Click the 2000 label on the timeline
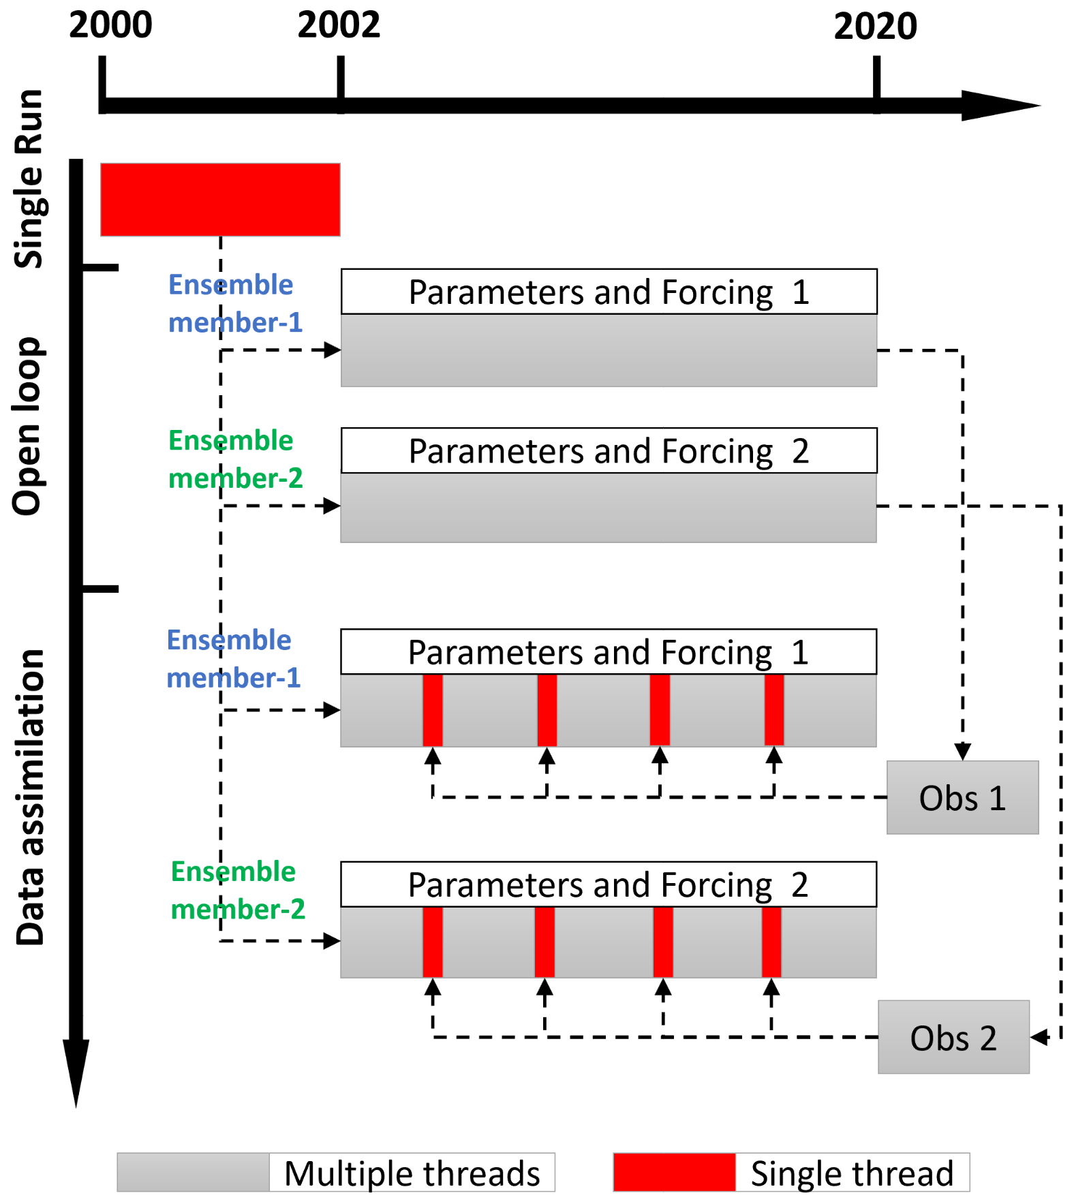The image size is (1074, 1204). [110, 26]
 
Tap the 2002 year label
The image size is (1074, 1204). [339, 26]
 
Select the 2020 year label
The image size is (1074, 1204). [875, 27]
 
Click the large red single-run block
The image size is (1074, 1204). [220, 200]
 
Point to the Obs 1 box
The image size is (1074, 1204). [962, 797]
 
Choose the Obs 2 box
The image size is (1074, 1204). [953, 1037]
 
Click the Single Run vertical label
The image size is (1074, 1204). [29, 179]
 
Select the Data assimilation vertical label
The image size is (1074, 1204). [29, 797]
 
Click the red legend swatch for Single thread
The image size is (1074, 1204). [674, 1172]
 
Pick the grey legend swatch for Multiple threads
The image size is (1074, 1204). [193, 1172]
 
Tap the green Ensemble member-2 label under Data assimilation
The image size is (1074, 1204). [237, 890]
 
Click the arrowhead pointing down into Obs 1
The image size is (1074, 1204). [962, 752]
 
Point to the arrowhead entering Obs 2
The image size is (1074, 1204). [1039, 1037]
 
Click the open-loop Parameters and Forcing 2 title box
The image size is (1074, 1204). [609, 450]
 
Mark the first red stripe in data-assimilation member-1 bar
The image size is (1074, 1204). [433, 710]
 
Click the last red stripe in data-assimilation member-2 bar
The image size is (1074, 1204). [771, 942]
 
